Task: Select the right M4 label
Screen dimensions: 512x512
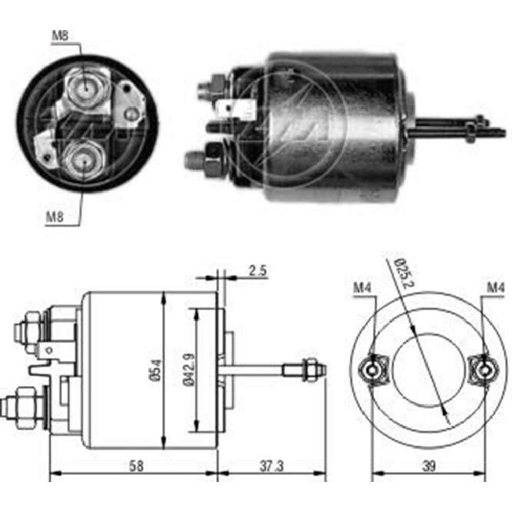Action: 496,288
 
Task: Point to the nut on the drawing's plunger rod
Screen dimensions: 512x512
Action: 309,370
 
